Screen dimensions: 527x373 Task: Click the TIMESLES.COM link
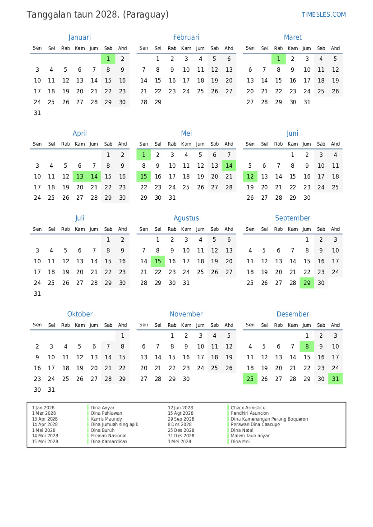(x=323, y=14)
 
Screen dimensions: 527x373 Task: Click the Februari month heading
(x=186, y=37)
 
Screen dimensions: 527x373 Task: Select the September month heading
(x=293, y=218)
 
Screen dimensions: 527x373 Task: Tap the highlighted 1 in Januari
(x=108, y=59)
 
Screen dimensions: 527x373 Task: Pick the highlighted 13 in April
(x=80, y=176)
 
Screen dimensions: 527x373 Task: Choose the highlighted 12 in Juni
(x=250, y=176)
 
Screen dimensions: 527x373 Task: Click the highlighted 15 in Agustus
(x=158, y=261)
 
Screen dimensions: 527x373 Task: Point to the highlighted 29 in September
(x=307, y=283)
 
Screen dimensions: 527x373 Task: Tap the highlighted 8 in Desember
(x=307, y=346)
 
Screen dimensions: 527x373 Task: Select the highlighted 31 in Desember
(x=336, y=379)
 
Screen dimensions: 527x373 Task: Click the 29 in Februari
(x=158, y=102)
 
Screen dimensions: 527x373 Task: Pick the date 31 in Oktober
(x=51, y=390)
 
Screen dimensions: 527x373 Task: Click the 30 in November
(x=186, y=379)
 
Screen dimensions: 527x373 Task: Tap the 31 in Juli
(x=37, y=293)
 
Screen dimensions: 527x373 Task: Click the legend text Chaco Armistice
(x=248, y=408)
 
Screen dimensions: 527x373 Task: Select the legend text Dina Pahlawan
(x=106, y=413)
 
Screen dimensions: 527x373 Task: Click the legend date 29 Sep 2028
(x=181, y=419)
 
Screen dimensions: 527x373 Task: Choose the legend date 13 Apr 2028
(x=45, y=419)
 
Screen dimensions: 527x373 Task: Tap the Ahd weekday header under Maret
(x=336, y=48)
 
